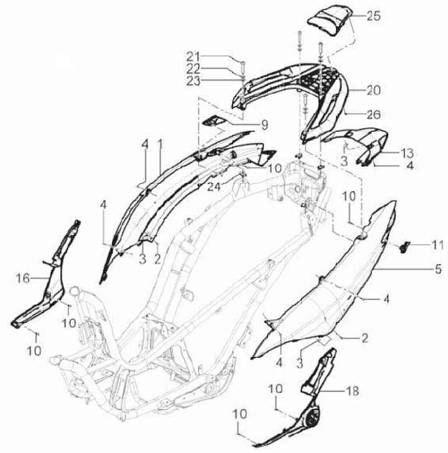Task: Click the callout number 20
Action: pos(373,90)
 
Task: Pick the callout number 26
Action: pos(373,114)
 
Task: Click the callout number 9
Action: pos(264,125)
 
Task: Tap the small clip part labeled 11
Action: pos(404,247)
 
